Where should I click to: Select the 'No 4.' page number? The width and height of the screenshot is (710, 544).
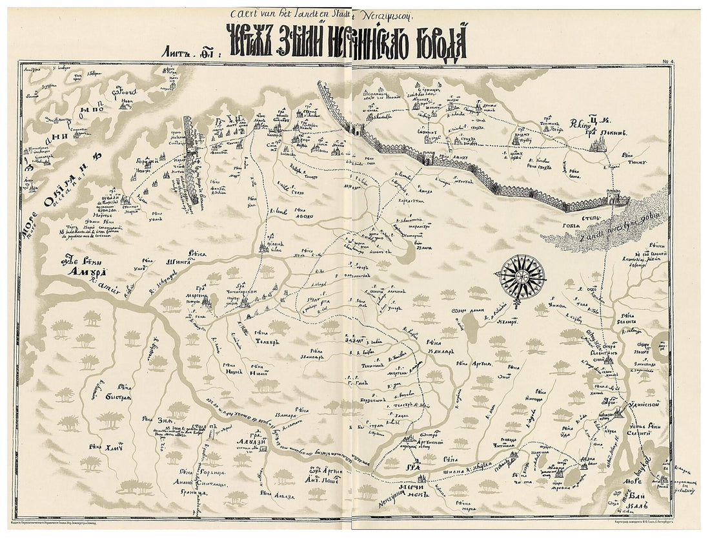click(x=667, y=62)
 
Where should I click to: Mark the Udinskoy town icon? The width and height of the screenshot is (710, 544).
click(x=619, y=412)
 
